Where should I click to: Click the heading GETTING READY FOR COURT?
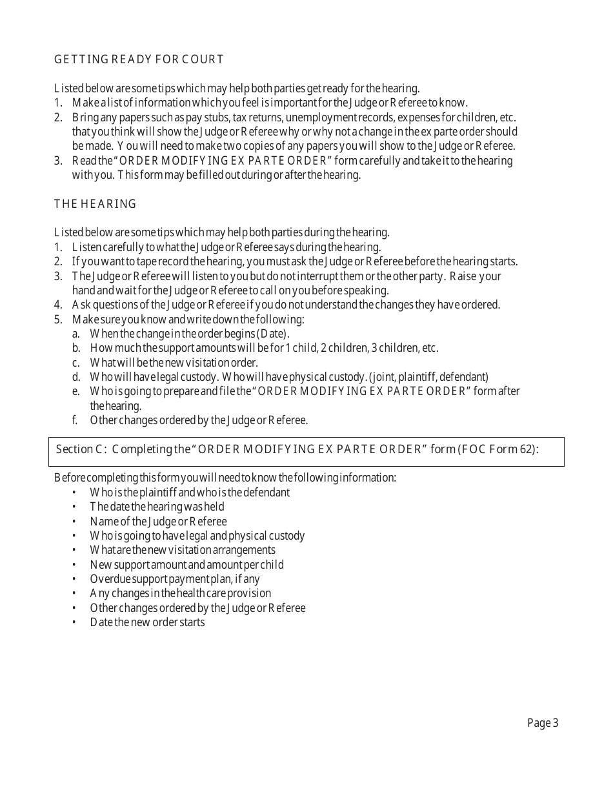pyautogui.click(x=139, y=59)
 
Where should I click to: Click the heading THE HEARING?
pyautogui.click(x=95, y=204)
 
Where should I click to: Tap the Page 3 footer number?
pyautogui.click(x=543, y=723)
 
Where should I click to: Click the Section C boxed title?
pyautogui.click(x=297, y=449)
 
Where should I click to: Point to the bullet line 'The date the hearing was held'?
pyautogui.click(x=157, y=507)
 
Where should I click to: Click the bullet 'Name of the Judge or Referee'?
pyautogui.click(x=158, y=521)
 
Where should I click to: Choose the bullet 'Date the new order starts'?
pyautogui.click(x=147, y=622)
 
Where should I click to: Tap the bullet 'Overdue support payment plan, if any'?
pyautogui.click(x=174, y=579)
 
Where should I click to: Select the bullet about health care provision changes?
pyautogui.click(x=180, y=593)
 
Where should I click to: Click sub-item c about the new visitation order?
pyautogui.click(x=174, y=363)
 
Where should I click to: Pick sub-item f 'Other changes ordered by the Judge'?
pyautogui.click(x=199, y=420)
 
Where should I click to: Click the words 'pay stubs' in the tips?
pyautogui.click(x=247, y=117)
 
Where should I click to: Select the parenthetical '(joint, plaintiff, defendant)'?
pyautogui.click(x=428, y=377)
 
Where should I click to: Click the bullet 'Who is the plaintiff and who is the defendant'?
pyautogui.click(x=190, y=493)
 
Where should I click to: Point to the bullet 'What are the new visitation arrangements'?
pyautogui.click(x=183, y=550)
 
